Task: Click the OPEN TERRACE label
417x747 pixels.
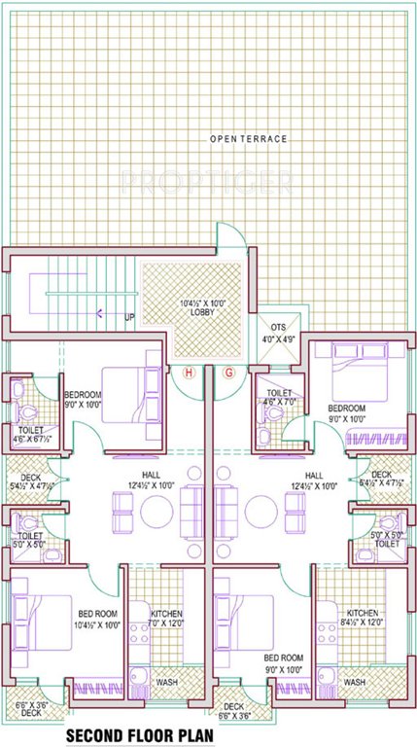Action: (x=249, y=140)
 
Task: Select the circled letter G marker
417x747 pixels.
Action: (x=229, y=373)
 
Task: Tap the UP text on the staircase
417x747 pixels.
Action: (x=129, y=316)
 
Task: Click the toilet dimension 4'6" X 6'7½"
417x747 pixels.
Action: (x=32, y=439)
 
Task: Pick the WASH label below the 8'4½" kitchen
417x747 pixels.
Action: (x=354, y=682)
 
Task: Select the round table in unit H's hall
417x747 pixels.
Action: (x=156, y=509)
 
